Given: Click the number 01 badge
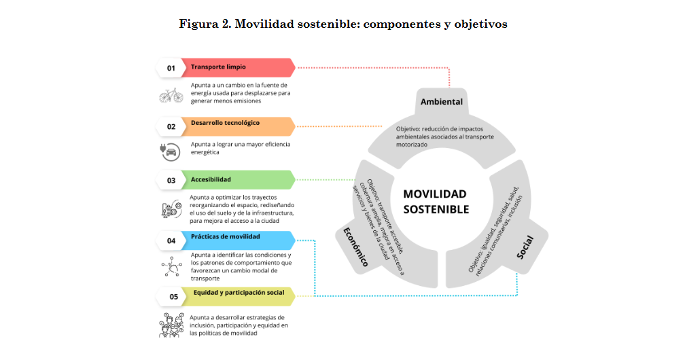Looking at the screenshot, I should coord(171,68).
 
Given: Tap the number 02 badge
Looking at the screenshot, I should coord(171,126).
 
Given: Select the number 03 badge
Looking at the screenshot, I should coord(171,180).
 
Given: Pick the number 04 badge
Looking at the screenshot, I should coord(171,240).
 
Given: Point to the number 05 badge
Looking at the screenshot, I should coord(173,297).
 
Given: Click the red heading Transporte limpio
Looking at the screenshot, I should coord(218,67).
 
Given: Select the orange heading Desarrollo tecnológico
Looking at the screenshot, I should coord(225,124).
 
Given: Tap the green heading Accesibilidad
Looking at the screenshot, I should coord(211,179).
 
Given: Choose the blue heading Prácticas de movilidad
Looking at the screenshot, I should coord(226,236).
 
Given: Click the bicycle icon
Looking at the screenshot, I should coord(171,94).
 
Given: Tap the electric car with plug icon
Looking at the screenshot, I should coord(170,150).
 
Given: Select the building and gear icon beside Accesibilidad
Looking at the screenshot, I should coord(171,210).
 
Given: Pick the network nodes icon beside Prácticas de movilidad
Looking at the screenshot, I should coord(171,267).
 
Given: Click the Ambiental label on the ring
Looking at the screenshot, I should coord(441,102).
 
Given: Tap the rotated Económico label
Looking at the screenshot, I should coord(353,245).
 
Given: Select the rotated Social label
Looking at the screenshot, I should coord(525,247).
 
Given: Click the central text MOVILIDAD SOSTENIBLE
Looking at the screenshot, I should coord(436,202).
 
